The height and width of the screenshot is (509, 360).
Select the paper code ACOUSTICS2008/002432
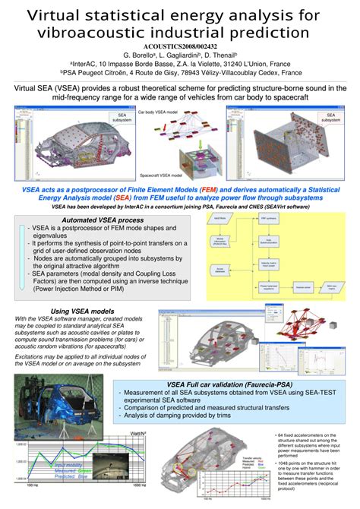tap(180, 46)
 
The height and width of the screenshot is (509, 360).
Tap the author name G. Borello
tap(141, 55)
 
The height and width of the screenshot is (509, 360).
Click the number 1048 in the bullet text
tap(287, 462)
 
